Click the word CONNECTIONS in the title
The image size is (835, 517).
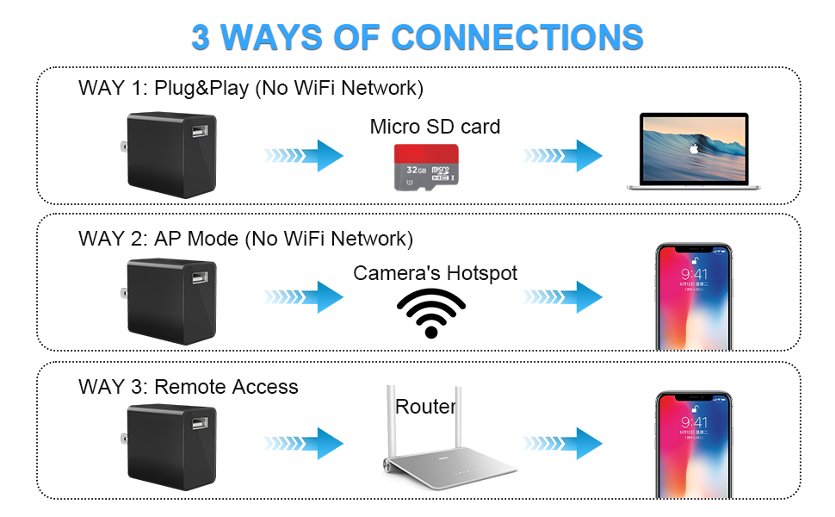click(517, 37)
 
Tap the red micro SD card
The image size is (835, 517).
click(426, 167)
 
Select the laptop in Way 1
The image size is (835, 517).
click(693, 152)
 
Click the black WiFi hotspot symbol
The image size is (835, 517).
click(431, 313)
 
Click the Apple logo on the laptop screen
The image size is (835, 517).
click(693, 149)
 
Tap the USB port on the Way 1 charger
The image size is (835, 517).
click(200, 131)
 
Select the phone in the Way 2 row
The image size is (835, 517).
click(694, 297)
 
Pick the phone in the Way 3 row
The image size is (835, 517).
click(694, 445)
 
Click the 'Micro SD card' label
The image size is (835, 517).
click(435, 127)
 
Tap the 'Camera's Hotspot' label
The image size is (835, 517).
click(435, 273)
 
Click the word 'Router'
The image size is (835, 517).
click(425, 407)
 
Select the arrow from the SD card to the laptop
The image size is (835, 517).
click(563, 156)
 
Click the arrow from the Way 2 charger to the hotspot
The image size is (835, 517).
click(304, 297)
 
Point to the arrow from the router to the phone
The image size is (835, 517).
click(563, 444)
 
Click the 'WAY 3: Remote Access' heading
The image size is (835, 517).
click(188, 387)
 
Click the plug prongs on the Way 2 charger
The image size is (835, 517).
click(124, 293)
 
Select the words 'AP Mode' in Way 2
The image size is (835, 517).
click(196, 239)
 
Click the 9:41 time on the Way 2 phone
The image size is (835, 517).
click(694, 275)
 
